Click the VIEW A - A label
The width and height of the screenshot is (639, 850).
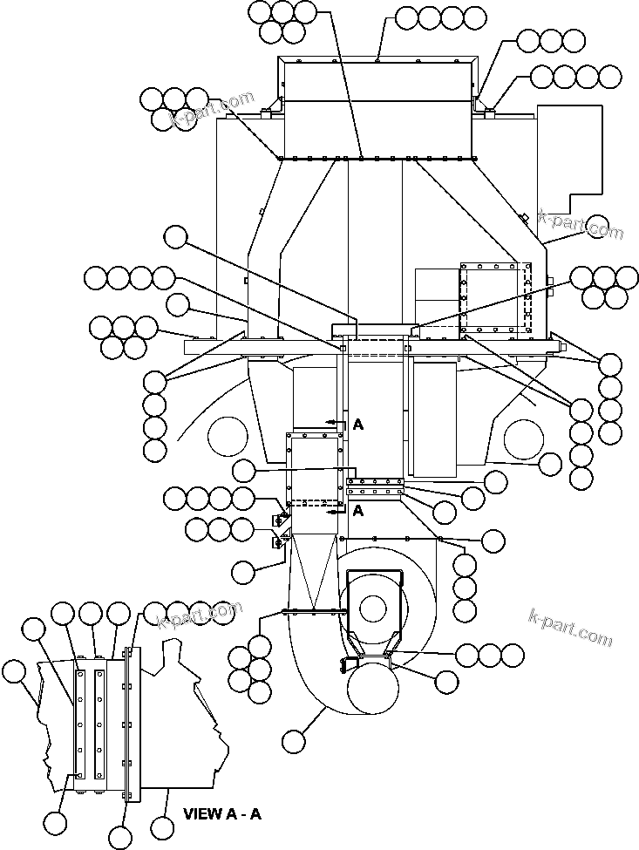point(221,814)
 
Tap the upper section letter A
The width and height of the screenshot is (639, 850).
point(357,425)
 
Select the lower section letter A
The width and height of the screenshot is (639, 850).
point(357,512)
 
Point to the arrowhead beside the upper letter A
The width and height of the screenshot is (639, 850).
point(330,421)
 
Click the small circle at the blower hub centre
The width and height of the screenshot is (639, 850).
point(373,607)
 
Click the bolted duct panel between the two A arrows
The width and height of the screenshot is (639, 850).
point(314,466)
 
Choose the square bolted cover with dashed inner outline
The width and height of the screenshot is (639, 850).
point(494,297)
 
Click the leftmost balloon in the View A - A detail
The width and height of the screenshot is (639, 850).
point(14,671)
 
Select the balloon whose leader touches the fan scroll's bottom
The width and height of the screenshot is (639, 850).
point(295,741)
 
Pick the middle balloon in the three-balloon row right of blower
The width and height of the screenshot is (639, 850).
point(490,655)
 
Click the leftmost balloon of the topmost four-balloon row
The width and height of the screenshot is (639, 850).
point(407,17)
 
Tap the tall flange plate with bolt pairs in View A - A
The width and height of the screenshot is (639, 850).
point(132,724)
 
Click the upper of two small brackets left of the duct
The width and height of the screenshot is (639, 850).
point(282,519)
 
